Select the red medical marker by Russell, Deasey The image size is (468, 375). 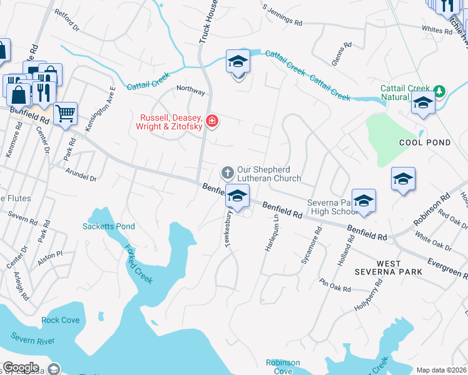(211, 121)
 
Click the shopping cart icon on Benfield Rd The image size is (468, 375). (65, 114)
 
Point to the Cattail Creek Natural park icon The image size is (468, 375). (439, 92)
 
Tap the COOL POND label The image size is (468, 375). (425, 142)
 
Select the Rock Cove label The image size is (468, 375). (61, 320)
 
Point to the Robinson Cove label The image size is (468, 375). (283, 367)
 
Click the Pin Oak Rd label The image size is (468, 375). (335, 285)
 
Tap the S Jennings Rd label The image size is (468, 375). (283, 17)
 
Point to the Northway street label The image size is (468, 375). (191, 91)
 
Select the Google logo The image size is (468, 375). (21, 367)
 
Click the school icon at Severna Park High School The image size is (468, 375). (363, 201)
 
